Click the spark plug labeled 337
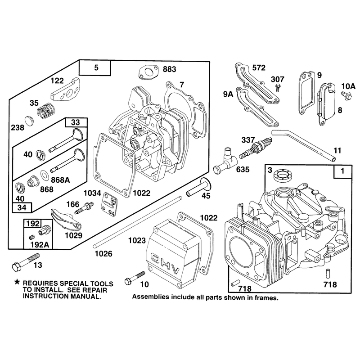[x=256, y=148]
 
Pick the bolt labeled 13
[x=25, y=261]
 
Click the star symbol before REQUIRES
[x=17, y=282]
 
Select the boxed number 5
[x=96, y=67]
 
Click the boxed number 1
[x=342, y=171]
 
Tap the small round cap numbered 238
[x=29, y=121]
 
